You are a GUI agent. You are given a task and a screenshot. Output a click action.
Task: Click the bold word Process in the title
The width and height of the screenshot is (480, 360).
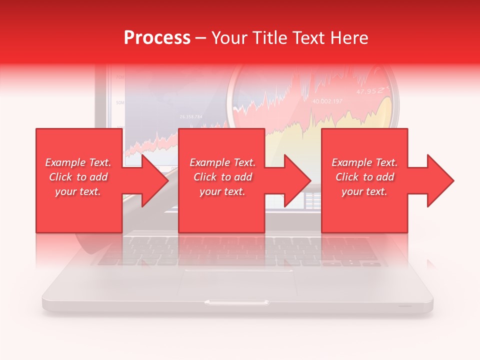point(157,38)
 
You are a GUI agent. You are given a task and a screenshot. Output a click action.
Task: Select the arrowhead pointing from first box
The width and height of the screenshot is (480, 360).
point(152,180)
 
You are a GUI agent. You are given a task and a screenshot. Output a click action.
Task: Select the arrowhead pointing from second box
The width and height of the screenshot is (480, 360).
point(295,180)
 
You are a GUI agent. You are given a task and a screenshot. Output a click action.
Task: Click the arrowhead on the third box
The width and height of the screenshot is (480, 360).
point(438,180)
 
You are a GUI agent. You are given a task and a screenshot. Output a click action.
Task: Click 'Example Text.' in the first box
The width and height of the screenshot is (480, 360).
point(78,162)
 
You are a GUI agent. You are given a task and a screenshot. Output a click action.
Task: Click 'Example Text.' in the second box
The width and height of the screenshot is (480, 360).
point(222,162)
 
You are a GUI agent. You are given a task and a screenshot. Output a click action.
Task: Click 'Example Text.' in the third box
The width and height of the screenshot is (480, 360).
point(364,162)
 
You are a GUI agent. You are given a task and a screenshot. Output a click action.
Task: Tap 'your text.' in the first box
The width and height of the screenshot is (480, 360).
point(78,191)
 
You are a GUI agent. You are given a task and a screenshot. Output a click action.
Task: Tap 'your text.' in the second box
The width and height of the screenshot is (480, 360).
point(222,191)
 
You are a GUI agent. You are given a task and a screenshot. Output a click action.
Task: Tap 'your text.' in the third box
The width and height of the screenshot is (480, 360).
point(364,191)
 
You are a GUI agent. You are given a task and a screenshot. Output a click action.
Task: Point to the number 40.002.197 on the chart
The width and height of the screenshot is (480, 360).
point(327,101)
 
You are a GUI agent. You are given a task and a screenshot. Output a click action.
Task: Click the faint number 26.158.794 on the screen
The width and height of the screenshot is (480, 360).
point(190,116)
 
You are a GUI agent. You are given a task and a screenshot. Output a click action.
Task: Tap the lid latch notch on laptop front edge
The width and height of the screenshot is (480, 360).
point(237,302)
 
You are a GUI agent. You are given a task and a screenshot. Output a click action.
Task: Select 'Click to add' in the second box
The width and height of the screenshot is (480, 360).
point(222,177)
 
